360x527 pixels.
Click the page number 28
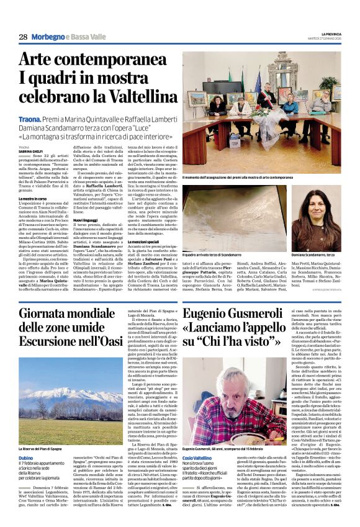coord(22,37)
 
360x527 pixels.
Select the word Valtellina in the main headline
coord(132,96)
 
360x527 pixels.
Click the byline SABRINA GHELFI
coord(31,151)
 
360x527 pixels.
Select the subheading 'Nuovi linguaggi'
coord(88,219)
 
